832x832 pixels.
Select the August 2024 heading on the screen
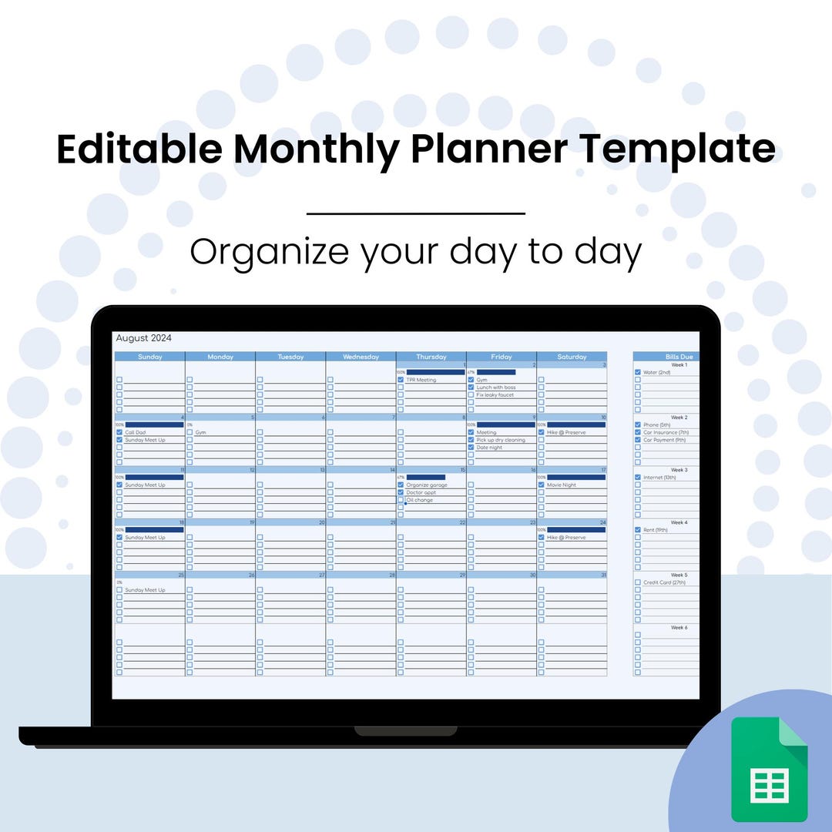coord(143,337)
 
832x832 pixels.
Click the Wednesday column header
coord(361,357)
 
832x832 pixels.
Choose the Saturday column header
coord(572,357)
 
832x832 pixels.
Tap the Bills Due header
coord(679,357)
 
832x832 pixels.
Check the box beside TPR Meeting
coord(401,380)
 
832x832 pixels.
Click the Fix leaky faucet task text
coord(495,394)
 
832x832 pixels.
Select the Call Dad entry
coord(135,432)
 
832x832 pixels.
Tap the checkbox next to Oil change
coord(401,500)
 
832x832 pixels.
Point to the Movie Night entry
coord(561,485)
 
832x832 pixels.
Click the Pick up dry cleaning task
coord(500,440)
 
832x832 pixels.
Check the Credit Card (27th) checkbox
coord(637,582)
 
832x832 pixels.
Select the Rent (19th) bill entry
coord(655,530)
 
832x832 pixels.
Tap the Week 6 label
coord(679,628)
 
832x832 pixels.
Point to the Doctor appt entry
coord(421,492)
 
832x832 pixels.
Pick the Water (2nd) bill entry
coord(657,372)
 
